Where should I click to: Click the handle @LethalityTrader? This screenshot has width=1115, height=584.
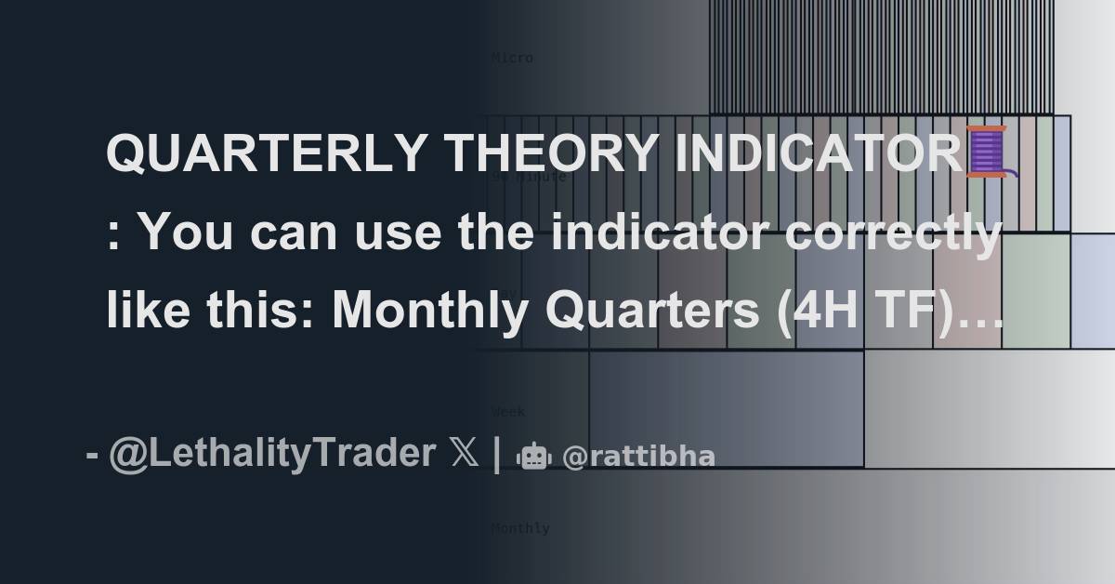[270, 455]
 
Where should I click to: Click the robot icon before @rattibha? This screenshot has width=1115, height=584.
[533, 457]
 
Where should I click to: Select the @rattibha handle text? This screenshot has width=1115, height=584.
[639, 457]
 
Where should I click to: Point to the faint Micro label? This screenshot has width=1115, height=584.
[512, 58]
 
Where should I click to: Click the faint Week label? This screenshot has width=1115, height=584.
[508, 411]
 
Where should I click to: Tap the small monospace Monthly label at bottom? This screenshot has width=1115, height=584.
[520, 528]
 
